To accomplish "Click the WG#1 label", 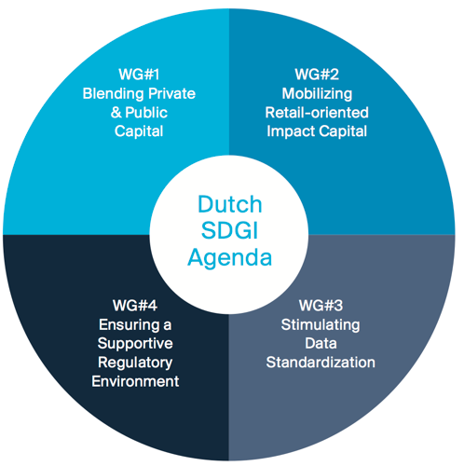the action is (x=139, y=75).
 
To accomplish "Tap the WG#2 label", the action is (x=317, y=75).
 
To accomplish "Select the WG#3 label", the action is (x=321, y=306).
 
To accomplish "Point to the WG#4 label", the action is (x=135, y=306).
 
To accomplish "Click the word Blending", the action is (x=114, y=94).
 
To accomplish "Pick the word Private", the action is (x=171, y=93).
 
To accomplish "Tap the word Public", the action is (x=146, y=113).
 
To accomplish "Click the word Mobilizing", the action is (x=317, y=94).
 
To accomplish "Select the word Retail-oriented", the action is (x=317, y=113).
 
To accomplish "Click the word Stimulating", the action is (x=321, y=325).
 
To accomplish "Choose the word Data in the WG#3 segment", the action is (x=321, y=344).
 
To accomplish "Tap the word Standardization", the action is (x=321, y=363).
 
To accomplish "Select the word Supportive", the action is (x=135, y=345).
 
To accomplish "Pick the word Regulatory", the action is (x=135, y=363).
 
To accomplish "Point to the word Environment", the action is (x=135, y=381).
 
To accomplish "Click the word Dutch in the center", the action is (x=230, y=204).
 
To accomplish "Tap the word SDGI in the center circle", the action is (x=229, y=231).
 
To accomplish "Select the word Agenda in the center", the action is (x=229, y=259).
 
